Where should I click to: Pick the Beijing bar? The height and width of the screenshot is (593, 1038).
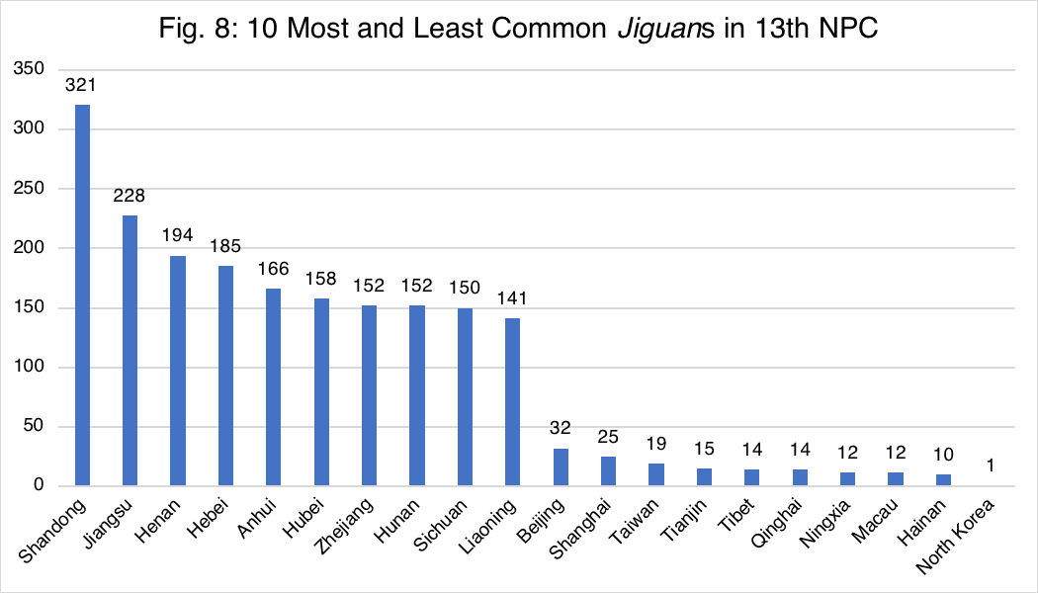pyautogui.click(x=561, y=466)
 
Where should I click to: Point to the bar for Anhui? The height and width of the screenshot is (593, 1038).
pyautogui.click(x=274, y=386)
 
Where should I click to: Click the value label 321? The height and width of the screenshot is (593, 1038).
pyautogui.click(x=83, y=85)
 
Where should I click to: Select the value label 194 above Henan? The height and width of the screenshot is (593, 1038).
pyautogui.click(x=178, y=236)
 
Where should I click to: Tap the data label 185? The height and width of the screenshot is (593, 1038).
pyautogui.click(x=225, y=245)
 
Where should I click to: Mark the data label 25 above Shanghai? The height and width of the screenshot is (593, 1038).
pyautogui.click(x=608, y=436)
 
